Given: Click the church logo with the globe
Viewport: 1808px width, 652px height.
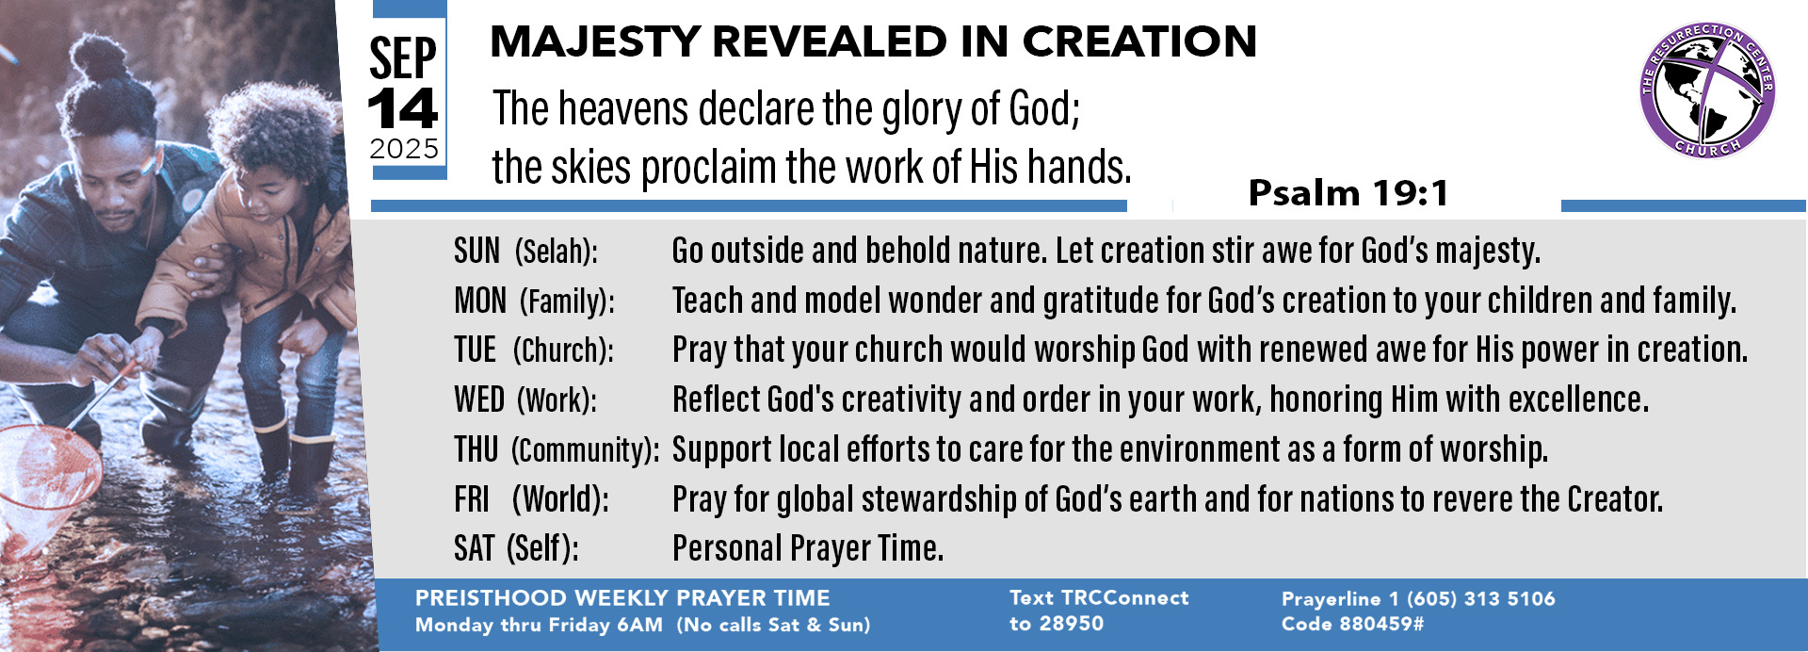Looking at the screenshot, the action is pos(1706,90).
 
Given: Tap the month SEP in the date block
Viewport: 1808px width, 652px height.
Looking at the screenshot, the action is pos(403,58).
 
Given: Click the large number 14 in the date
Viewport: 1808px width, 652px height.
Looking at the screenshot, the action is pos(403,109).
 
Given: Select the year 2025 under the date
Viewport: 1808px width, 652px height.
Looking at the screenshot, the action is pos(404,149).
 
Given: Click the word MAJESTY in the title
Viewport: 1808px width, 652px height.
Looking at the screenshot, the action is pos(595,42).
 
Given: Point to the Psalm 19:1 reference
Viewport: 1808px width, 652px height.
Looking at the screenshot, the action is pos(1348,193).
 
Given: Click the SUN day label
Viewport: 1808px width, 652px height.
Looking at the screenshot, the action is pos(476,251).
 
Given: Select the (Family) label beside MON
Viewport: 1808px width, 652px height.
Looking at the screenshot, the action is pos(567,302).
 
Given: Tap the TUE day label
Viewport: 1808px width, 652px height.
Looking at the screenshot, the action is pos(475,350).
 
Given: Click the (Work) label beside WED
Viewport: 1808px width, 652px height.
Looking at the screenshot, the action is pos(557,400).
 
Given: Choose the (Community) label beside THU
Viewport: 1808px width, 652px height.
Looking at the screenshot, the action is pos(585,450).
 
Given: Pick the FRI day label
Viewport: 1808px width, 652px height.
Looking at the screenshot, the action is pos(472,499).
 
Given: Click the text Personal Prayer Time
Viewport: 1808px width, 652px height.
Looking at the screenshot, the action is pos(808,548).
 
